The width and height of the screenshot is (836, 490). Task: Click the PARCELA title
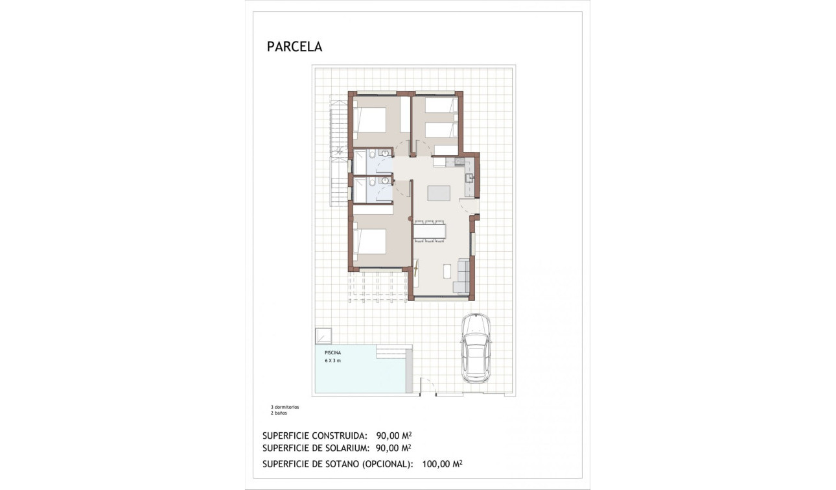(x=294, y=47)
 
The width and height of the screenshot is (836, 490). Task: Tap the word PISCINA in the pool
(x=333, y=353)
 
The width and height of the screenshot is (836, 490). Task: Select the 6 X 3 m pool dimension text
(x=333, y=360)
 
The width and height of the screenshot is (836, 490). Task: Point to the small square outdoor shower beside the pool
(x=323, y=336)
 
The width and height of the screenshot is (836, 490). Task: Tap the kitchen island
(x=439, y=193)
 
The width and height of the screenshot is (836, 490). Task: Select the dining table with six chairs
(x=430, y=231)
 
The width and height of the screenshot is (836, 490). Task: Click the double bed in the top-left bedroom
(x=370, y=120)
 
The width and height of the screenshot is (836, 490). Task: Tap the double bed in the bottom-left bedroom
(x=370, y=241)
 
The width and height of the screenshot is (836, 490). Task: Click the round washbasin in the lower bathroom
(x=385, y=180)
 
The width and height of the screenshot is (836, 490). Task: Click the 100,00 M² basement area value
(x=441, y=464)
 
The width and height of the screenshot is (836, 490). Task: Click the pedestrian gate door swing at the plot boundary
(x=426, y=387)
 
